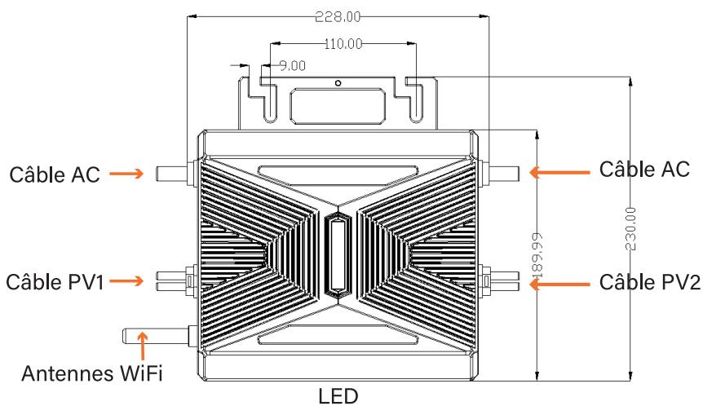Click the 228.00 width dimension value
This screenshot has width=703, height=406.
point(337,16)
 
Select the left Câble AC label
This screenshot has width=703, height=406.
point(55,174)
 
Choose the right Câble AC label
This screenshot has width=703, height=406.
point(644,170)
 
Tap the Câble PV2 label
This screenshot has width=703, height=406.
point(644,282)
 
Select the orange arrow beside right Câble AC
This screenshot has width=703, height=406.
point(559,171)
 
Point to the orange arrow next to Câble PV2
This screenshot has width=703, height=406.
point(559,283)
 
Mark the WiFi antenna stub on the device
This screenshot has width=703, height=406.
point(157,333)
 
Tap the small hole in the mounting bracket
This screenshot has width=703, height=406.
point(337,82)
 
